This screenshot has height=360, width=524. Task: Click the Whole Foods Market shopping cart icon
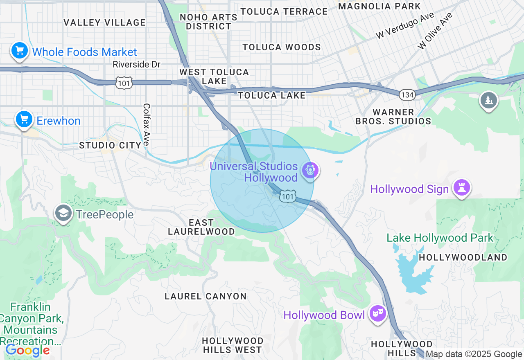point(19,51)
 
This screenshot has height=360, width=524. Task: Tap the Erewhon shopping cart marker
point(24,119)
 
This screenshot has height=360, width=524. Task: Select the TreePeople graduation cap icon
point(63,213)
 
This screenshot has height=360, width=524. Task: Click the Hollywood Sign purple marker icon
point(461,188)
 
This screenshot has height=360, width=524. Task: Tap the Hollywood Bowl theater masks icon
point(377,314)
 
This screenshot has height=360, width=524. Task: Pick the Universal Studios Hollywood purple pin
point(310,170)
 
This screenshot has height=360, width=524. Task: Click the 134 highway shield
point(408,95)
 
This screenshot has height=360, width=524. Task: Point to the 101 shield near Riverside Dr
point(123,83)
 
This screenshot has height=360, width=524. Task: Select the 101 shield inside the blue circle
point(288,197)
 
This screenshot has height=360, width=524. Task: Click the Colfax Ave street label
point(146,125)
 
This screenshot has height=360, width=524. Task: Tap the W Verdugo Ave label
point(405,25)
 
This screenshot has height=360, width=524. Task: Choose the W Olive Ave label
point(435,31)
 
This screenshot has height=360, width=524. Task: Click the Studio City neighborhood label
point(110,145)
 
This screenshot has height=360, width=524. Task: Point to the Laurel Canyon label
point(206,296)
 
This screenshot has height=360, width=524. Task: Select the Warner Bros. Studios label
point(393,117)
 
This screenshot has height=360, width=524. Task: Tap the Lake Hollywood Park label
point(440,238)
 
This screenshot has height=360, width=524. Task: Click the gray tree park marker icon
point(488,100)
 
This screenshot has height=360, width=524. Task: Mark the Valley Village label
point(105,22)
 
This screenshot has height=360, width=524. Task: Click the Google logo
point(27,351)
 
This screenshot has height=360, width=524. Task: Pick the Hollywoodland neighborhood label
point(463,257)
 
